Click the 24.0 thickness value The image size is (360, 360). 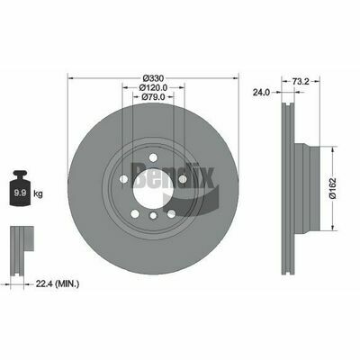261,91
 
